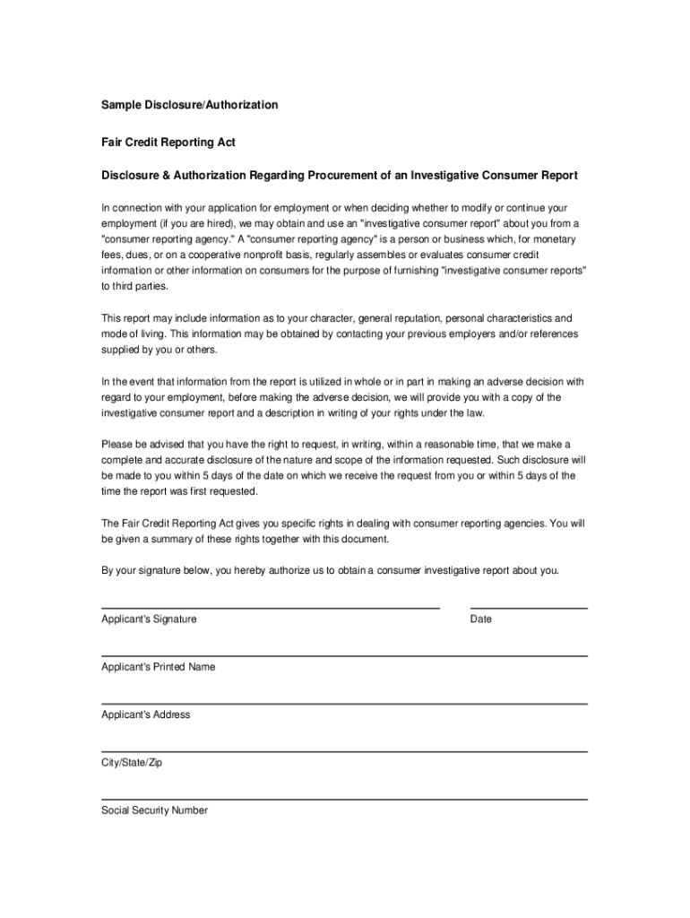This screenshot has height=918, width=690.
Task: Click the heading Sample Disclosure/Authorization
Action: pos(189,105)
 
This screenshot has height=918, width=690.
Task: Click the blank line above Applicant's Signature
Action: pos(271,607)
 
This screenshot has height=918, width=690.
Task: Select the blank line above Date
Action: pos(529,607)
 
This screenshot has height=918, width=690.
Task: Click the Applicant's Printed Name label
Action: pos(158,667)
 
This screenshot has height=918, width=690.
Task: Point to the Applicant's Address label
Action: pos(145,714)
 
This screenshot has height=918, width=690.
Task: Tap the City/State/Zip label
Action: pos(132,763)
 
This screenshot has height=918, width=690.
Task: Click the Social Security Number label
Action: pos(154,810)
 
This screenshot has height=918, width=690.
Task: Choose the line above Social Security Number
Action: pos(344,798)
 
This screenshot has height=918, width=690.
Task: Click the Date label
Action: pos(481,619)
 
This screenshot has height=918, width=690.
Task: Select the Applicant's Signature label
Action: pos(149,619)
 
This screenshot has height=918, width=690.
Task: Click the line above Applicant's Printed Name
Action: pos(344,655)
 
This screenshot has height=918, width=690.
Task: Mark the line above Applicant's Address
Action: pos(344,703)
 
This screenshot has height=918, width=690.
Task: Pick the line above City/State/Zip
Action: pos(344,750)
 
